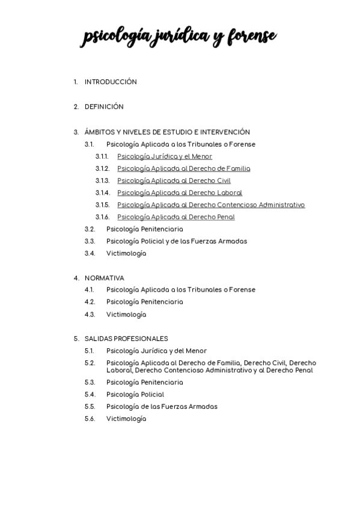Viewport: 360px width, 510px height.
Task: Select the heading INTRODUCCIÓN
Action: tap(111, 82)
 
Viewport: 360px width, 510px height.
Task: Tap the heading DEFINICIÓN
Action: tap(104, 106)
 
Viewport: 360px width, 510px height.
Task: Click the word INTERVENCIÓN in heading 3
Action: tap(226, 132)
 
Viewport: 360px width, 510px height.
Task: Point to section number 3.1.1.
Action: tap(102, 156)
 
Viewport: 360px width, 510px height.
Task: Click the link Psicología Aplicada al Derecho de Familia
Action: tap(183, 168)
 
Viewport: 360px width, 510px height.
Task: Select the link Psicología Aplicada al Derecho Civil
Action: tap(174, 180)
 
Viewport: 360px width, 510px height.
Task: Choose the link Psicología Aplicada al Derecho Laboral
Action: tap(180, 192)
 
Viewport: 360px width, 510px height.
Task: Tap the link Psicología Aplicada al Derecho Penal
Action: tap(175, 217)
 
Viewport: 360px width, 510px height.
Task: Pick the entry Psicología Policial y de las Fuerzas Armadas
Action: tap(176, 241)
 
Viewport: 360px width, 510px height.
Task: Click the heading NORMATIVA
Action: tap(105, 278)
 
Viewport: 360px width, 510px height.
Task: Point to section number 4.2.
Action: tap(90, 302)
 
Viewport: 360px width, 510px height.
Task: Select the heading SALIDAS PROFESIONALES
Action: tap(126, 339)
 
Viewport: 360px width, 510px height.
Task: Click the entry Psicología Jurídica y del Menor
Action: tap(156, 351)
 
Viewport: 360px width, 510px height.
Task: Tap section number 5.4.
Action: tap(90, 395)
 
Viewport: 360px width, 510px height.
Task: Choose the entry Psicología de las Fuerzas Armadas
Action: tap(162, 407)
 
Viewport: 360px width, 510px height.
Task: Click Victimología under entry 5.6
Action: tap(126, 419)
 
